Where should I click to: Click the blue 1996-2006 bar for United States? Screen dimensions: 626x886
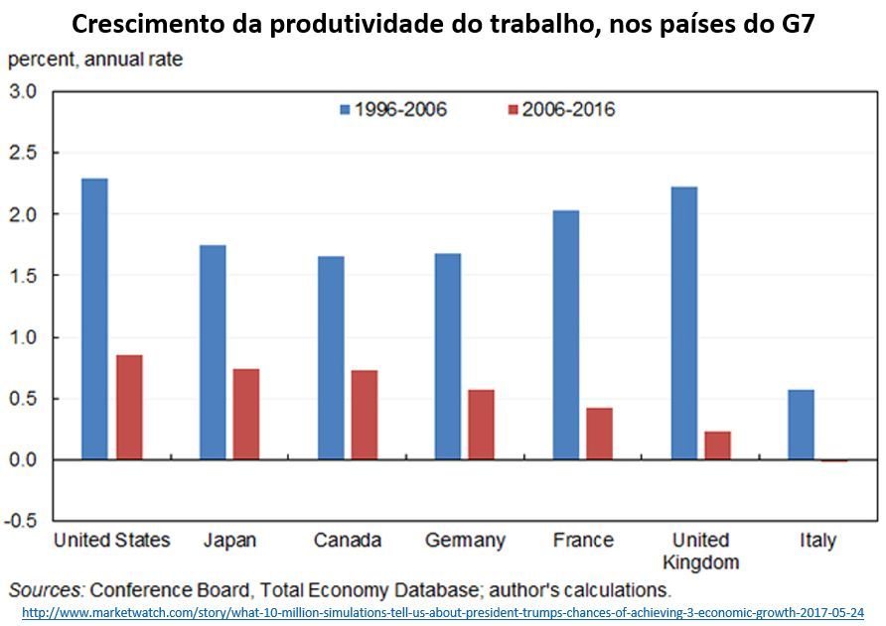point(95,318)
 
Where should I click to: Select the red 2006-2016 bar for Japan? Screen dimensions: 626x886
point(246,414)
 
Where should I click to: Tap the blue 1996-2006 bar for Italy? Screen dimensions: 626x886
point(801,425)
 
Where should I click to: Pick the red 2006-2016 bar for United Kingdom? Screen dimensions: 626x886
point(717,445)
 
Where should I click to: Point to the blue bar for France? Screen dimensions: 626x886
point(566,334)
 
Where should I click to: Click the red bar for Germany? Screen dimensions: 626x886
point(481,425)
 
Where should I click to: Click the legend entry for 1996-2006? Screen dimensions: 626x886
point(392,109)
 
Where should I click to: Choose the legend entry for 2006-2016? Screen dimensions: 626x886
point(561,109)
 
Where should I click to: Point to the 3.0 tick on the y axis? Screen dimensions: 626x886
point(23,92)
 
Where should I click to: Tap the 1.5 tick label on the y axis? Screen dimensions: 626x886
point(23,276)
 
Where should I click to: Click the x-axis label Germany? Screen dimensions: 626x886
point(465,541)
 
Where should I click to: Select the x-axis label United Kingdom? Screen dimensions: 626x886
point(700,551)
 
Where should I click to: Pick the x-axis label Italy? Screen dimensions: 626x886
point(817,541)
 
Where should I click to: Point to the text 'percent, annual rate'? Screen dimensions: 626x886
point(95,59)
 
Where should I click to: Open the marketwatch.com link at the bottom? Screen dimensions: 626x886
point(442,612)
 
